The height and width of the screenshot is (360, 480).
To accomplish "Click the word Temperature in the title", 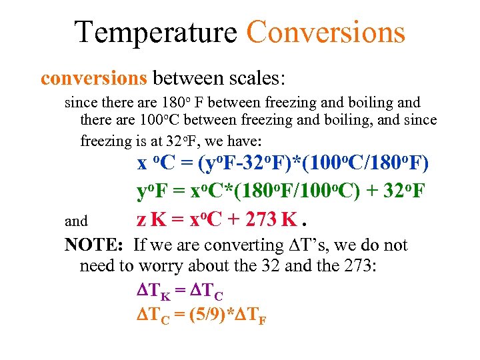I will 155,31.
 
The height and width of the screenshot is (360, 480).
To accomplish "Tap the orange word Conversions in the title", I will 325,31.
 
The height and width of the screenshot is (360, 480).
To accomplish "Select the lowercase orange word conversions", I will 93,79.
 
